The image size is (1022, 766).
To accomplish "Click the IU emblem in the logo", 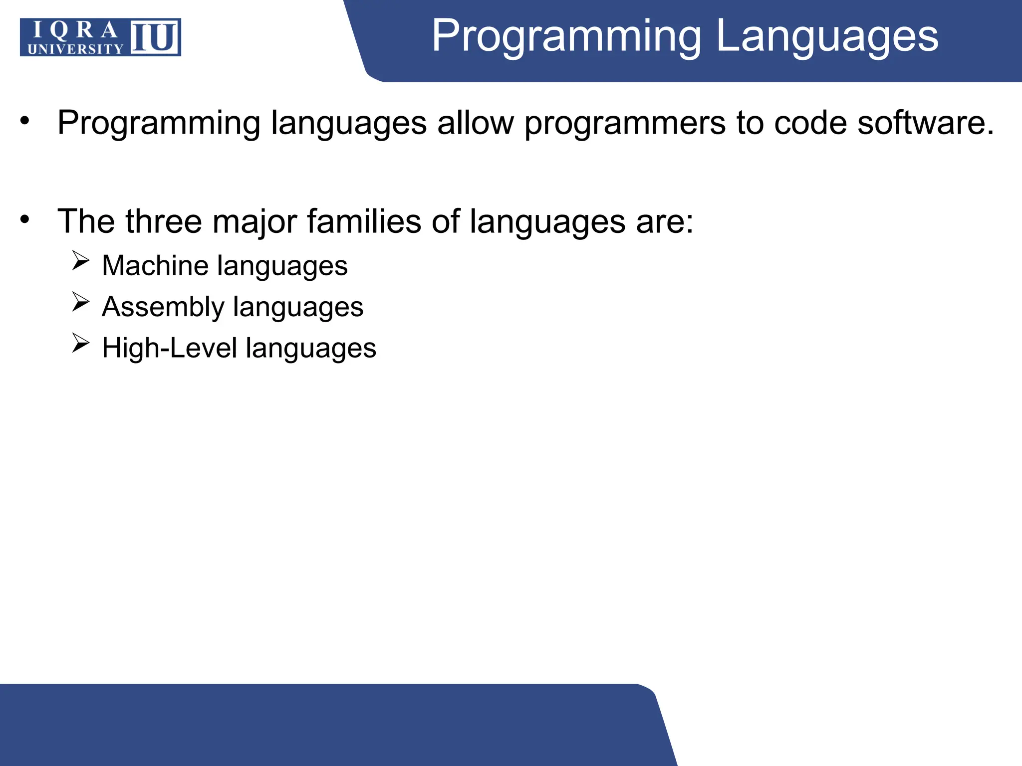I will pyautogui.click(x=155, y=37).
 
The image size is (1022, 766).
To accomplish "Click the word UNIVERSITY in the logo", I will pyautogui.click(x=75, y=49).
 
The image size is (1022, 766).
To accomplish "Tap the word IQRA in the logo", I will pyautogui.click(x=75, y=30).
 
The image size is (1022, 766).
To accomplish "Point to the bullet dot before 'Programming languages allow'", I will pyautogui.click(x=25, y=121).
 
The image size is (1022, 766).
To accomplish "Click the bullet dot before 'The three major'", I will pyautogui.click(x=25, y=219).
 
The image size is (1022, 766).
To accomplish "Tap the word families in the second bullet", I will pyautogui.click(x=364, y=221).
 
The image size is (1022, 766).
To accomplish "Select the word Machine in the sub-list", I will pyautogui.click(x=155, y=265).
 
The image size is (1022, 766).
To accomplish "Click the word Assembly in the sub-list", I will pyautogui.click(x=163, y=307).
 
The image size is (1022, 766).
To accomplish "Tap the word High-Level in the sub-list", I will pyautogui.click(x=169, y=348).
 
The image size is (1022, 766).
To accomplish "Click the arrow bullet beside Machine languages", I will pyautogui.click(x=80, y=260).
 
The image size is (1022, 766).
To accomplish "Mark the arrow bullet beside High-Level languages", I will pyautogui.click(x=80, y=343).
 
